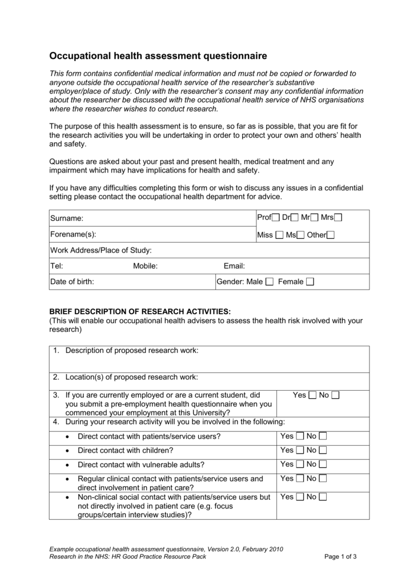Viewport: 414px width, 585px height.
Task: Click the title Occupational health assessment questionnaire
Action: [x=158, y=56]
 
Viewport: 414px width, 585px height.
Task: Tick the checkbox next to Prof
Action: [x=276, y=218]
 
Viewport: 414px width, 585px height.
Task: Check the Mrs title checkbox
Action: [x=338, y=218]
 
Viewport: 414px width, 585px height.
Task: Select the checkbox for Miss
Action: [x=279, y=235]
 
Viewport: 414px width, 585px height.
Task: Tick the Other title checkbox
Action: [x=331, y=235]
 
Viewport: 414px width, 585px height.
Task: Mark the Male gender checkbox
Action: [x=270, y=282]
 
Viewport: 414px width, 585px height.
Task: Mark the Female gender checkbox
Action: [x=310, y=282]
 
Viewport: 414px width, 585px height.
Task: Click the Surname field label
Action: [x=67, y=218]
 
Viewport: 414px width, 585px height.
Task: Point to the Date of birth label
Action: [x=72, y=282]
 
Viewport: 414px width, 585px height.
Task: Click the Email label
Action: [x=234, y=266]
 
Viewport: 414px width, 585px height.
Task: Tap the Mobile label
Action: [x=145, y=266]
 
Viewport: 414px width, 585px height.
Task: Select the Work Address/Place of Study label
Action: [x=101, y=250]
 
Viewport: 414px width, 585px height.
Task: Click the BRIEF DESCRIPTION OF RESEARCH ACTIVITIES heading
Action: [x=140, y=311]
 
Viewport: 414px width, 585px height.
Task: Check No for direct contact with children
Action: [x=323, y=450]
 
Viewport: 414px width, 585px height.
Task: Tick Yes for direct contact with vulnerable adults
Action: [x=299, y=464]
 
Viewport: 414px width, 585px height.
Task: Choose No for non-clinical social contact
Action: [x=323, y=497]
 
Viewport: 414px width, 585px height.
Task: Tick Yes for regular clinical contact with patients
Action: [x=299, y=479]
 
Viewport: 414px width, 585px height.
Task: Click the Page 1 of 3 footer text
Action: [x=340, y=557]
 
